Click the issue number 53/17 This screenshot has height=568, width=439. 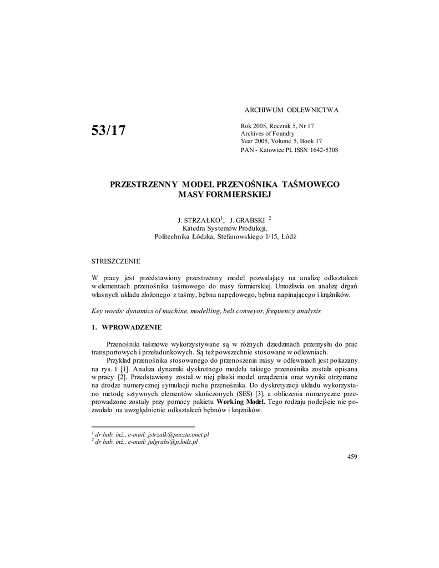click(109, 130)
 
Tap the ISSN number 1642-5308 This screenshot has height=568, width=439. click(323, 150)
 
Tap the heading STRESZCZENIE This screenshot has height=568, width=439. click(116, 260)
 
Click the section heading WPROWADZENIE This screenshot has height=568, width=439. click(132, 327)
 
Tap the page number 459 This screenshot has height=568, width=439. click(352, 457)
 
